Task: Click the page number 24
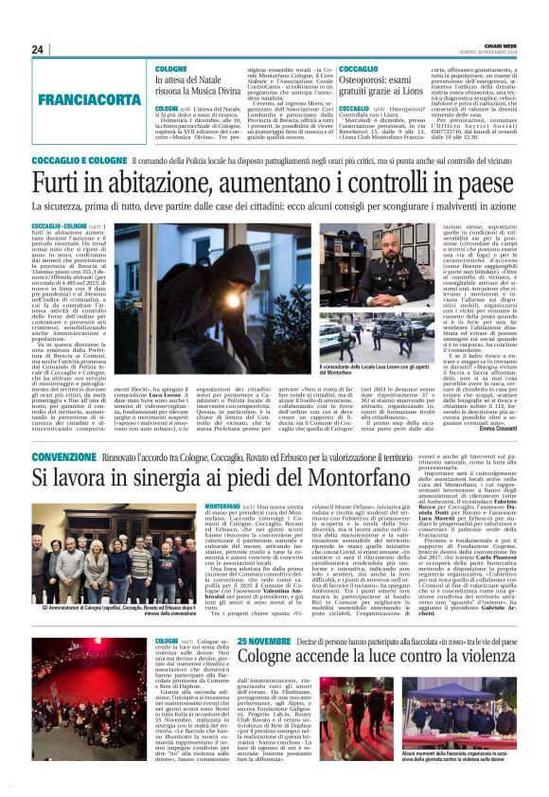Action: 38,50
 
